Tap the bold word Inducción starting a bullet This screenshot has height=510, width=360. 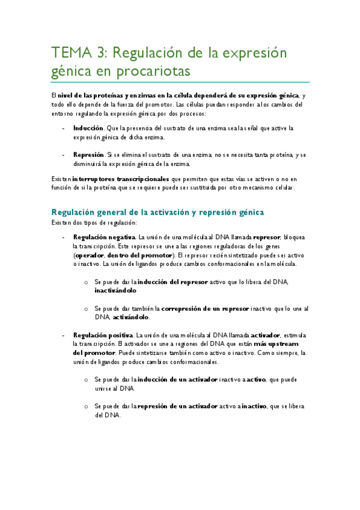[x=88, y=128]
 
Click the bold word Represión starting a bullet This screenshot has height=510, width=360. [x=89, y=155]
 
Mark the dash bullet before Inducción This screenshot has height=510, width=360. [x=64, y=128]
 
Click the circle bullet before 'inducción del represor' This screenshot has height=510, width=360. [x=87, y=282]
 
